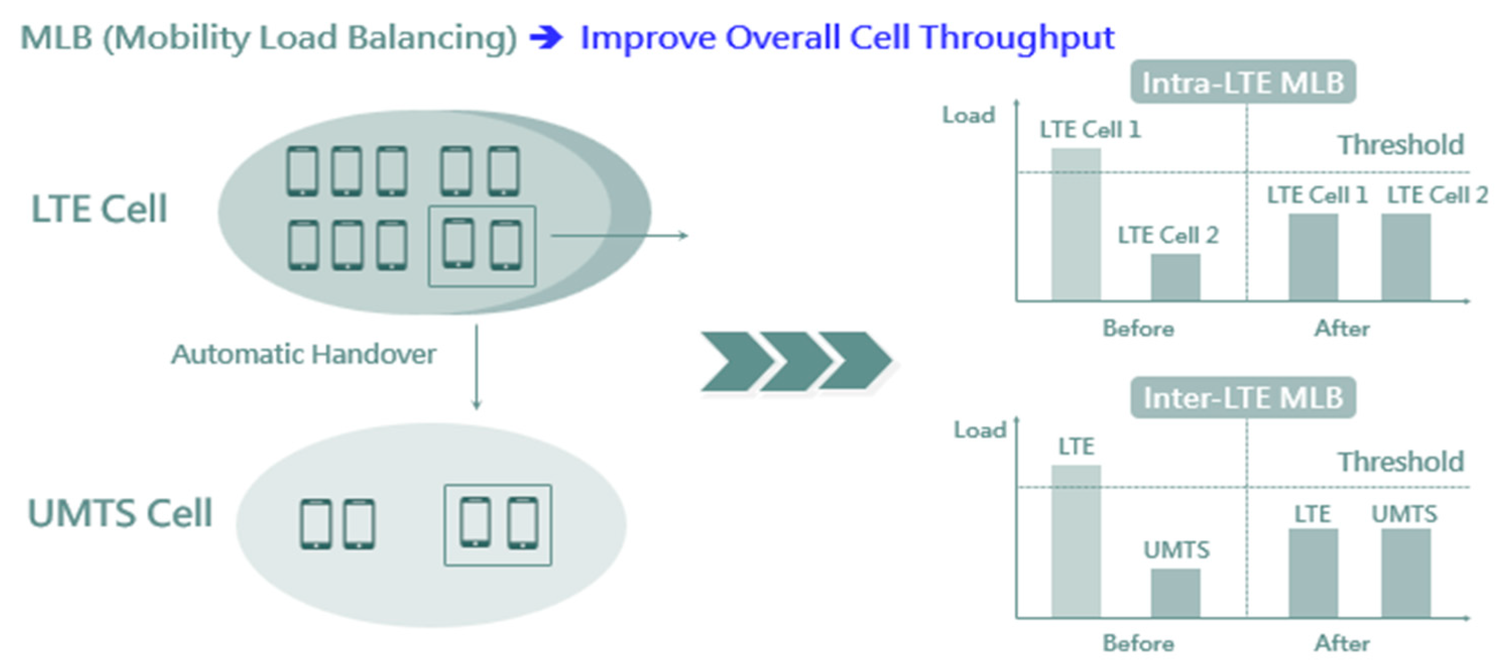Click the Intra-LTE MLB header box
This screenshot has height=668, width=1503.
(x=1243, y=82)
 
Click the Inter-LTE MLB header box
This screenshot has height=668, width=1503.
(x=1243, y=398)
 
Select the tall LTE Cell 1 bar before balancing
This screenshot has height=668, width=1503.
(x=1076, y=225)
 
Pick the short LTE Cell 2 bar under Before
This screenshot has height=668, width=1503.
(x=1175, y=277)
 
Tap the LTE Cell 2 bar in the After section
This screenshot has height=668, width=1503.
(x=1406, y=257)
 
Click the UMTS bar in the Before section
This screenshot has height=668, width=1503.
(x=1175, y=593)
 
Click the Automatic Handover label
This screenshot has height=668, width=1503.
(x=303, y=354)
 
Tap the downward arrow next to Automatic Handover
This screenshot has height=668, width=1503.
(x=476, y=368)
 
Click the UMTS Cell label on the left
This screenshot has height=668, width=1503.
(x=119, y=513)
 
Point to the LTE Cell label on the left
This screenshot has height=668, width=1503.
(x=99, y=209)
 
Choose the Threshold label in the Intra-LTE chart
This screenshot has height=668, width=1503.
(x=1401, y=145)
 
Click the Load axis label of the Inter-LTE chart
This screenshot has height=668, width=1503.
(x=980, y=431)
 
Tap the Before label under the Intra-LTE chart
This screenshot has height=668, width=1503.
(x=1138, y=329)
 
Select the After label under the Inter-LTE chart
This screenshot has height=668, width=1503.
(x=1342, y=643)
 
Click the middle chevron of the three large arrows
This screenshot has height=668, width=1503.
(x=796, y=361)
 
